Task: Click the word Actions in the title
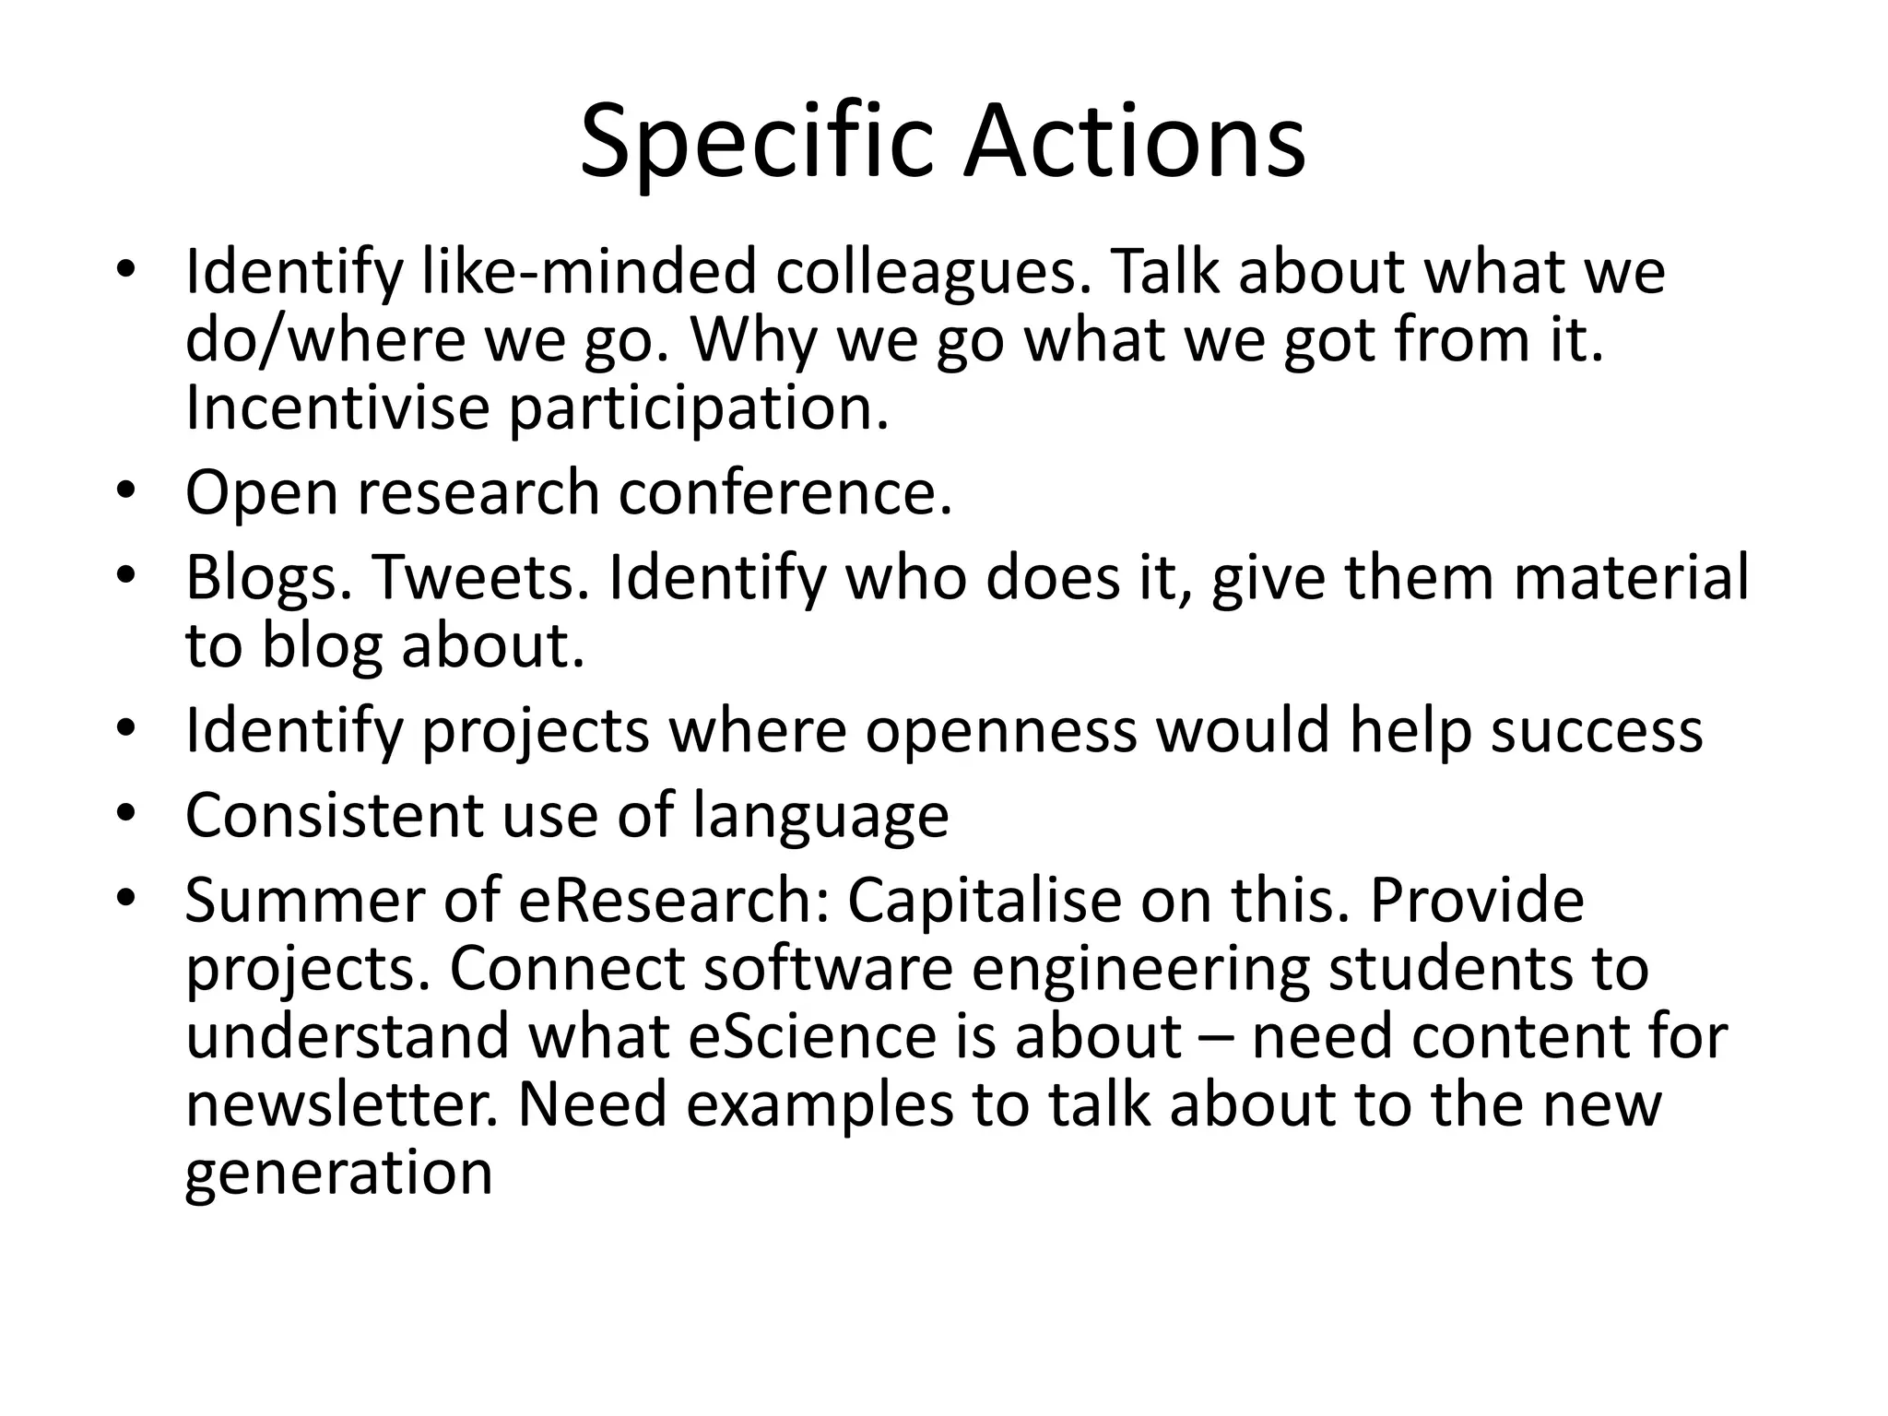coord(1134,144)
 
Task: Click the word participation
coord(700,409)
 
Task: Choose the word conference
coord(785,492)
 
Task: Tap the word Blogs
coord(268,579)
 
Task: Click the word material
coord(1631,577)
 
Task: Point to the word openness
coord(1001,732)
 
